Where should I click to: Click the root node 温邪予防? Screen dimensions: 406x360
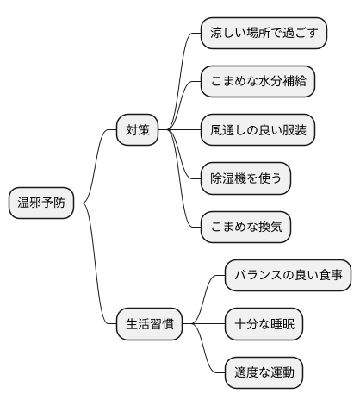[x=41, y=203]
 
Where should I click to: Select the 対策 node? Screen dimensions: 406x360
[x=138, y=131]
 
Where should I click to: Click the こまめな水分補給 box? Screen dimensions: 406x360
[x=257, y=83]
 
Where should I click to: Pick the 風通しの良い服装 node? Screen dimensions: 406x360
[x=257, y=131]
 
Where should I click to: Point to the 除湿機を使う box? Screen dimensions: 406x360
[x=245, y=178]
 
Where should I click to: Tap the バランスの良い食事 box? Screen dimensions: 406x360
[x=288, y=276]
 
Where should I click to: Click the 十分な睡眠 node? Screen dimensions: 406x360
[x=264, y=324]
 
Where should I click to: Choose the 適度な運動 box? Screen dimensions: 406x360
[x=264, y=372]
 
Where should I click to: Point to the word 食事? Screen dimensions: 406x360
[x=328, y=276]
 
